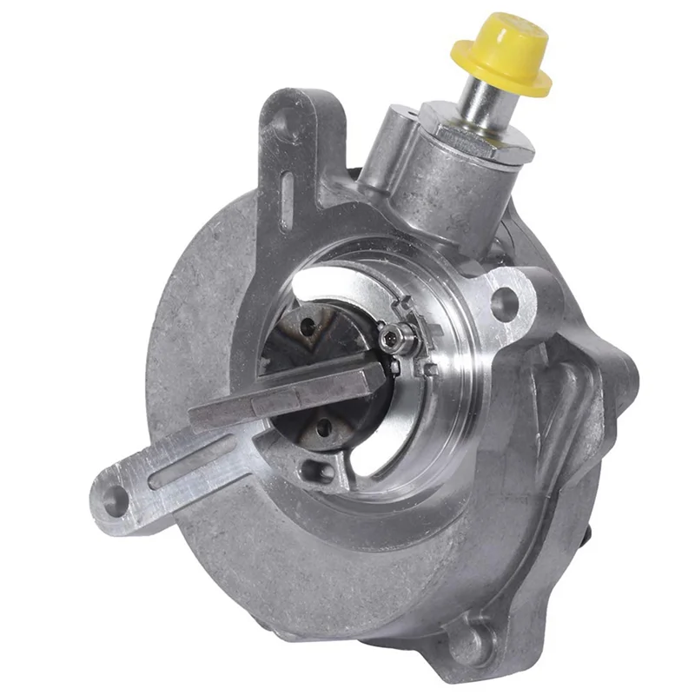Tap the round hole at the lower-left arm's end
click(116, 500)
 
